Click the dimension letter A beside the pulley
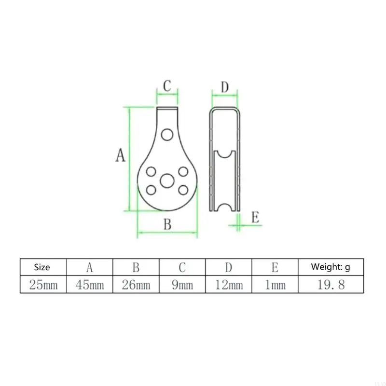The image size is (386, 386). pos(120,156)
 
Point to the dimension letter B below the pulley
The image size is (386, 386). pos(167,224)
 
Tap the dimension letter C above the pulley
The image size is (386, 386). pos(167,86)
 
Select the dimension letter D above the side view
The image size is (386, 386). pos(224,88)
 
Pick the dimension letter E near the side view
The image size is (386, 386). pos(255,217)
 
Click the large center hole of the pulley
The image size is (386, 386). pos(167,181)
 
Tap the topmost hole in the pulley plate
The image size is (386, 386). pos(167,134)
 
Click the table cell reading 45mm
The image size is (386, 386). pos(89,285)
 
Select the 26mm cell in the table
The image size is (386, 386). pos(136,285)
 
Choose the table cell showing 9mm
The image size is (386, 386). pos(182,285)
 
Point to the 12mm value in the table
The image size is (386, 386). pos(229,285)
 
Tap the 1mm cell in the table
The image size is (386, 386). pos(275,285)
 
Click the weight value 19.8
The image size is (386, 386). pos(331,285)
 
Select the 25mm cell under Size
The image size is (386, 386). pos(43,285)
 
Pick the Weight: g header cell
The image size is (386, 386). pos(331,267)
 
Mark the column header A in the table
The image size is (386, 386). pos(89,267)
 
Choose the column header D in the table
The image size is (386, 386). pos(229,267)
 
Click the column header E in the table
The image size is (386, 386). pos(275,267)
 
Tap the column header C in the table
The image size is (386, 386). pos(182,267)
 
